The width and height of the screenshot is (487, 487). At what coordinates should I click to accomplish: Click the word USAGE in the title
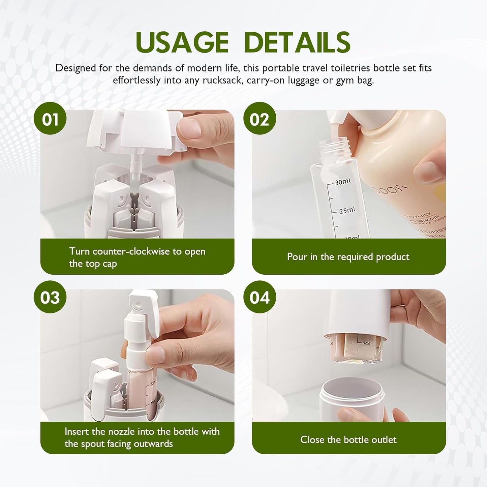tap(182, 42)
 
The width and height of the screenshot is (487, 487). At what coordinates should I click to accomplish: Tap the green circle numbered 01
tap(50, 119)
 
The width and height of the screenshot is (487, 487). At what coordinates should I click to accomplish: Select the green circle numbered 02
tap(260, 119)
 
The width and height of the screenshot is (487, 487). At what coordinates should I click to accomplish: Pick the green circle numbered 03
tap(50, 297)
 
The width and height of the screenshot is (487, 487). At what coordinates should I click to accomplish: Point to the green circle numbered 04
tap(260, 297)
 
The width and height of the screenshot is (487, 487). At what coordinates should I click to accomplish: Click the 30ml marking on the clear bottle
tap(342, 182)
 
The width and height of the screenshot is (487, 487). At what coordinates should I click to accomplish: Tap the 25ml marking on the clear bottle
tap(347, 211)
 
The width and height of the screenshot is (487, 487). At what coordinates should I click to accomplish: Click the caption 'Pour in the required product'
tap(348, 257)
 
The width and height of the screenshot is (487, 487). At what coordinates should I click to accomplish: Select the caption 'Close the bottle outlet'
tap(348, 439)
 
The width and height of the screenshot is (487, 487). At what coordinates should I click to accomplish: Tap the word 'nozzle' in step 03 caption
tap(123, 431)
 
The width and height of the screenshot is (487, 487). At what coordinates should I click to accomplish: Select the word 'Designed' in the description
tap(76, 68)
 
